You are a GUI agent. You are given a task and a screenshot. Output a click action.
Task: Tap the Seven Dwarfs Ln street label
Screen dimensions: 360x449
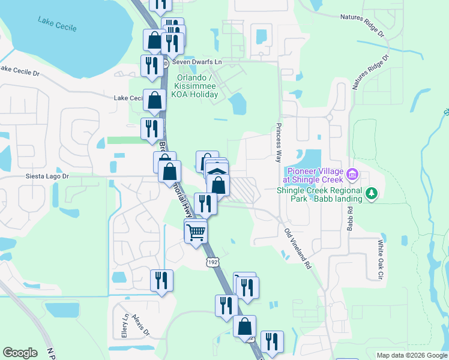(197, 62)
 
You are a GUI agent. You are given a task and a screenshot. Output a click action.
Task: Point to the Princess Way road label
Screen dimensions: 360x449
(279, 143)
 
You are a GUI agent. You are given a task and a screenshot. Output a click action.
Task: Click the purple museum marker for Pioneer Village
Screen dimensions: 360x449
(352, 175)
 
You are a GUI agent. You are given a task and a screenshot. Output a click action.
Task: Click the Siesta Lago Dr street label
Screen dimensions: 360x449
(47, 176)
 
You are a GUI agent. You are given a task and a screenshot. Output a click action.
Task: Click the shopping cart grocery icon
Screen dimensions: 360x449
(196, 231)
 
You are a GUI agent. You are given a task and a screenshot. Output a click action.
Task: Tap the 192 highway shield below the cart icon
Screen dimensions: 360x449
(211, 262)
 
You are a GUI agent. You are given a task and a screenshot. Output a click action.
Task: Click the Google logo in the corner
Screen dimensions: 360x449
(20, 353)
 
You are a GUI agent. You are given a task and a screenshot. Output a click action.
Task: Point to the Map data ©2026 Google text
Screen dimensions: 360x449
(411, 355)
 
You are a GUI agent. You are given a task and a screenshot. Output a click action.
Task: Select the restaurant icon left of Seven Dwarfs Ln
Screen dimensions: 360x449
(150, 64)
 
